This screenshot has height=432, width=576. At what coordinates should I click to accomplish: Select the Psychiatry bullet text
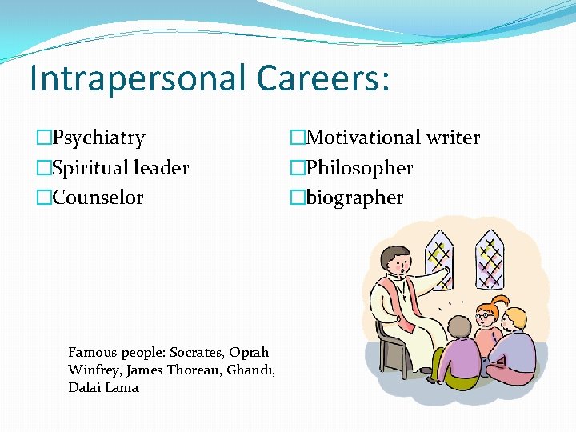[99, 138]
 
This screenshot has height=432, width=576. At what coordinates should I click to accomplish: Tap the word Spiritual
[88, 168]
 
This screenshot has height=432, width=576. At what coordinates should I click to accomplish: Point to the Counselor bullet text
[98, 198]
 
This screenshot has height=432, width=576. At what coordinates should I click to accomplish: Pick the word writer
[452, 138]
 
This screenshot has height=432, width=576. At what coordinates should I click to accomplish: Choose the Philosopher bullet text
[360, 168]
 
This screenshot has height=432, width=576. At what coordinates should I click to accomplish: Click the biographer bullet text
[355, 198]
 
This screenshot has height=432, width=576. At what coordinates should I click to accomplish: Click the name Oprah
[250, 352]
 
